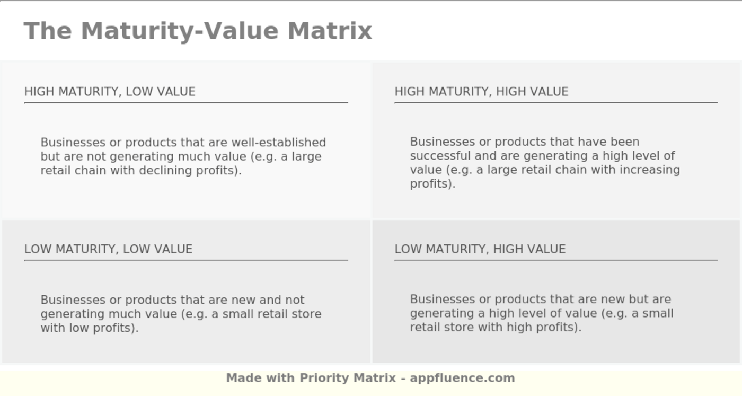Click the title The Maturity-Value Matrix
click(x=198, y=31)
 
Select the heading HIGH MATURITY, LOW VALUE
click(x=110, y=92)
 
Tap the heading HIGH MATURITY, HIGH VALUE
click(x=481, y=92)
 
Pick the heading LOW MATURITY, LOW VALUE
click(x=108, y=249)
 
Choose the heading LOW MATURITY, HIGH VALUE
click(x=480, y=249)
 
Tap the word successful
click(x=438, y=156)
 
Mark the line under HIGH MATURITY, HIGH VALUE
click(x=555, y=102)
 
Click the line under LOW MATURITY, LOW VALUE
click(x=186, y=260)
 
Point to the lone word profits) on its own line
click(x=432, y=184)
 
